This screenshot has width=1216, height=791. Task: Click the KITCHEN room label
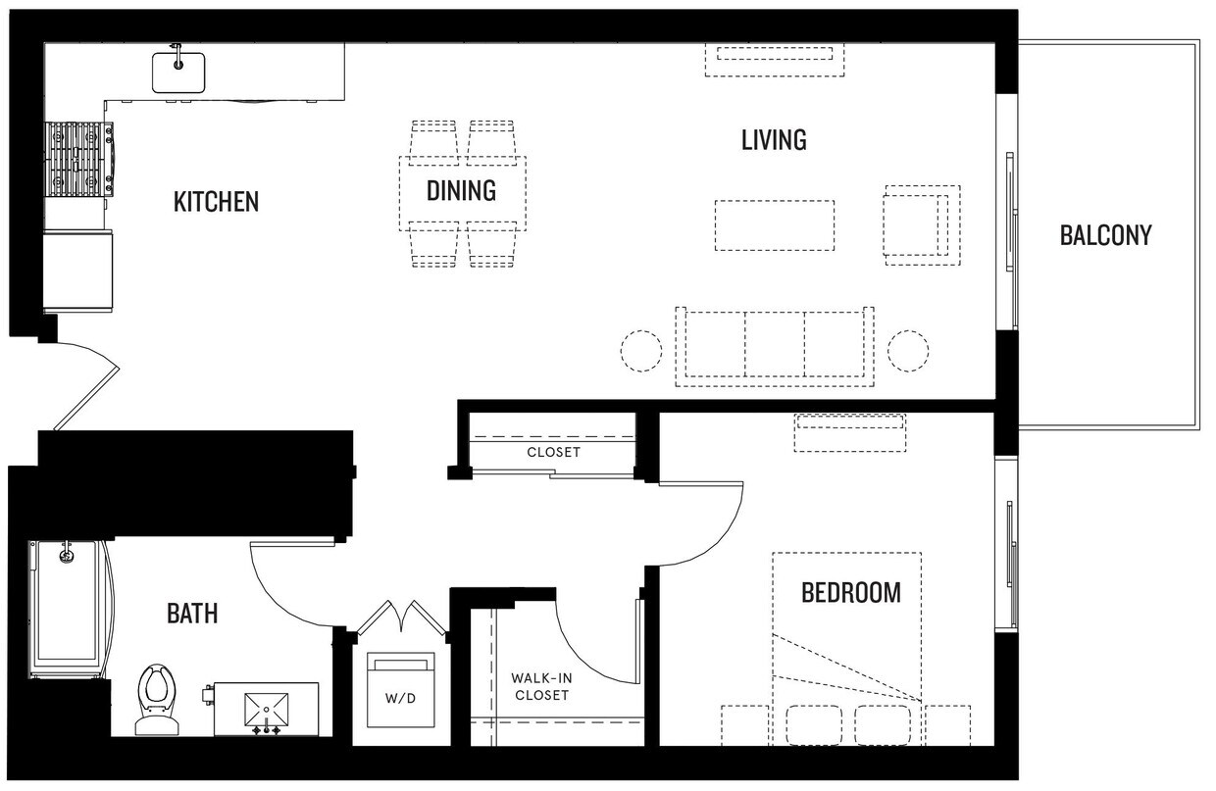click(216, 202)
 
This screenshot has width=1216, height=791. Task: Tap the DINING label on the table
click(461, 190)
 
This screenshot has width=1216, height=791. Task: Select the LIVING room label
click(774, 140)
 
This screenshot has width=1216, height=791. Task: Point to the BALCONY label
click(1105, 235)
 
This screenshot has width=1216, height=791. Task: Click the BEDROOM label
click(850, 593)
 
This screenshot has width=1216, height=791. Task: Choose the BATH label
click(192, 615)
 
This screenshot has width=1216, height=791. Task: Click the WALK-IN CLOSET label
click(539, 686)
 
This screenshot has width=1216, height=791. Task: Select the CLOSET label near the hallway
click(553, 453)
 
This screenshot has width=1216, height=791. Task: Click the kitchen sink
click(177, 72)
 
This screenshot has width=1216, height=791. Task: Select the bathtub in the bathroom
click(67, 608)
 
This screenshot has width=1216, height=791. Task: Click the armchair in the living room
click(920, 224)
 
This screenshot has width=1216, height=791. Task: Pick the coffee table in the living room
click(774, 225)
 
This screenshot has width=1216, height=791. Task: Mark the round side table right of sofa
click(908, 350)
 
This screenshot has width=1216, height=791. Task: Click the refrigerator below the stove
click(78, 271)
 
